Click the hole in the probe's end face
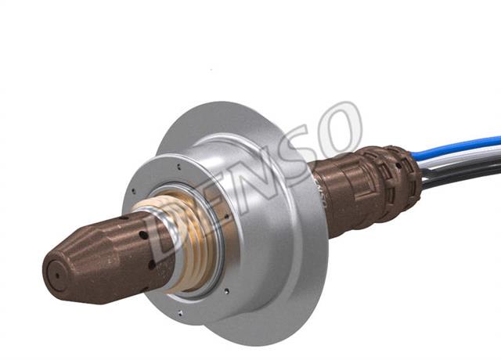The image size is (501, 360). coord(57,275)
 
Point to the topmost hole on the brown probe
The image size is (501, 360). coord(124,218)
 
